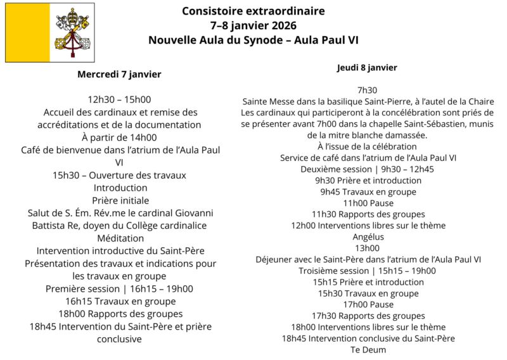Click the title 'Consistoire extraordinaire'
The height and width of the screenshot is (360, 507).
(x=253, y=11)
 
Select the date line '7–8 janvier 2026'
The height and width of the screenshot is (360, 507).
(x=253, y=25)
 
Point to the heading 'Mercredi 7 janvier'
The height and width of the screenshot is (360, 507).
(x=119, y=74)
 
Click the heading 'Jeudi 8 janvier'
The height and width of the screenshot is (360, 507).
(x=367, y=67)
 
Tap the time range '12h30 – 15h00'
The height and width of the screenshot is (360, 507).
(x=119, y=100)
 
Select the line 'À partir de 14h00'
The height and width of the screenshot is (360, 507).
(x=119, y=137)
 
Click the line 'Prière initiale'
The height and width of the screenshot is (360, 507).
(x=119, y=200)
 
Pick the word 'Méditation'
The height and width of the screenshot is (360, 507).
(x=119, y=238)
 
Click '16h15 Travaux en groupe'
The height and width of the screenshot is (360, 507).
(x=120, y=301)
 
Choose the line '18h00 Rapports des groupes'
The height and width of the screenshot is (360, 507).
(x=120, y=314)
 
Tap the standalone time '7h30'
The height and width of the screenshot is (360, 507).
(x=367, y=90)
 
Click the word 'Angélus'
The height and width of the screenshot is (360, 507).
(x=368, y=236)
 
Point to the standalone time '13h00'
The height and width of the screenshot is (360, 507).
(x=367, y=248)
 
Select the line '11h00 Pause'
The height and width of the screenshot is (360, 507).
(x=368, y=203)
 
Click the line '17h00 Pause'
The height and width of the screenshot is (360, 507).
(x=368, y=304)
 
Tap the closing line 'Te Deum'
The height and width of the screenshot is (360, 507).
(x=368, y=349)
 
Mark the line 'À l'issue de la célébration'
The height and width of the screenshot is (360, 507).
(x=368, y=146)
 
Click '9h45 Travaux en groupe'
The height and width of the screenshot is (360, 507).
(x=368, y=191)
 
